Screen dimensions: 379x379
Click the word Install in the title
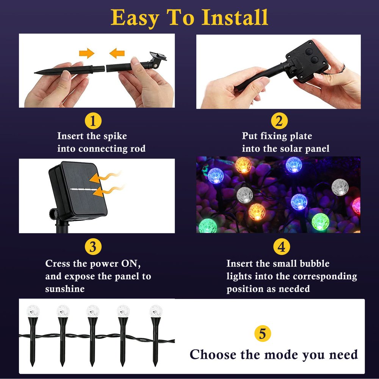click(x=235, y=17)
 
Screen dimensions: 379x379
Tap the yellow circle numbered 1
click(x=93, y=121)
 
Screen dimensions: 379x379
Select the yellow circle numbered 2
click(x=279, y=121)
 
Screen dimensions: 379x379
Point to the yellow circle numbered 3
click(x=93, y=247)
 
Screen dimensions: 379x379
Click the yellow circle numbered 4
click(x=281, y=247)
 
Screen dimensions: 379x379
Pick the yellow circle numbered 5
click(x=262, y=334)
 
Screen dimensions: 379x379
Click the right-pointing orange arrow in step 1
click(x=87, y=53)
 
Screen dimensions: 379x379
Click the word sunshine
click(x=65, y=289)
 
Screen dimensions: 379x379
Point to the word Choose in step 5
click(x=213, y=355)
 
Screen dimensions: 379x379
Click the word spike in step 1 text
click(x=114, y=136)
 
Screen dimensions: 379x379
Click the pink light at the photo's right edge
click(x=357, y=205)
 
